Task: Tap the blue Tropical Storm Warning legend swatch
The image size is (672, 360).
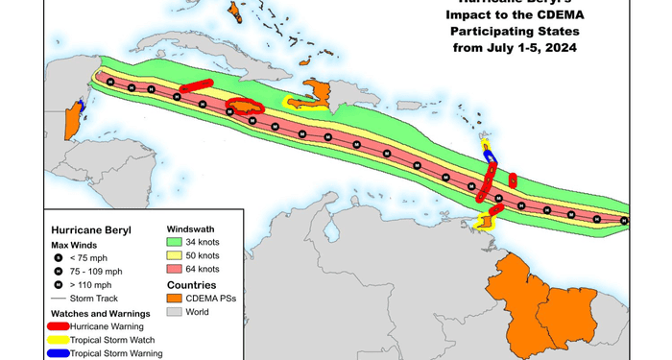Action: pyautogui.click(x=63, y=353)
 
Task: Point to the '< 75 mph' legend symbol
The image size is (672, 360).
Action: pyautogui.click(x=58, y=258)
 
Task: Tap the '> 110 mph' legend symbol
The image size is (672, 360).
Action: pyautogui.click(x=58, y=285)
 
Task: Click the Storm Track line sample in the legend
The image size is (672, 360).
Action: pyautogui.click(x=58, y=299)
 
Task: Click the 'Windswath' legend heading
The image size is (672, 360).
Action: pyautogui.click(x=190, y=228)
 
